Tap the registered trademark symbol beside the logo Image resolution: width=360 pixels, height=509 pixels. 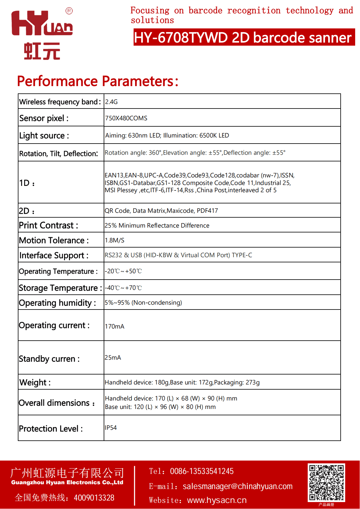[69, 11]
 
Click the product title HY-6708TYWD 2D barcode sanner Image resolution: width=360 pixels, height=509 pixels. [244, 37]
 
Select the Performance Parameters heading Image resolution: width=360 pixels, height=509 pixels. [98, 81]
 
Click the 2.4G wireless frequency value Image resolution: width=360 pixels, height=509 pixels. [111, 102]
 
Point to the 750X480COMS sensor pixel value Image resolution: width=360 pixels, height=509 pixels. [126, 118]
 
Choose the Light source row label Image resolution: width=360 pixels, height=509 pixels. [44, 136]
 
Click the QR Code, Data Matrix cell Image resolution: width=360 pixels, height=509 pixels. [161, 211]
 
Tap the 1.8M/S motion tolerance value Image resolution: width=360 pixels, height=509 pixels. [114, 240]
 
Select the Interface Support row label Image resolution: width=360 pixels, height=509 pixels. [54, 255]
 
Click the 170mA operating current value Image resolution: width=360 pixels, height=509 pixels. [114, 326]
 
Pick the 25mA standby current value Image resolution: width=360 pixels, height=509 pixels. [113, 358]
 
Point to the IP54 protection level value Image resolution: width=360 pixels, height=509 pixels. [111, 428]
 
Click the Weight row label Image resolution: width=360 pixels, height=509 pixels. [35, 383]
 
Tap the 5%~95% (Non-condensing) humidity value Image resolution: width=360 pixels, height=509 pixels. [143, 303]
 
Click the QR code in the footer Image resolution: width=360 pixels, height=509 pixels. [326, 482]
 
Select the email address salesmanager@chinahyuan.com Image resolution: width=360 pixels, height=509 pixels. [238, 486]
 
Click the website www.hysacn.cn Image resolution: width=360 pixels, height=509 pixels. [217, 500]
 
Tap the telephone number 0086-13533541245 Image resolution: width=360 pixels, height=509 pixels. [202, 471]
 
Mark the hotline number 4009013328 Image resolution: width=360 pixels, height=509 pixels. [94, 498]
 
